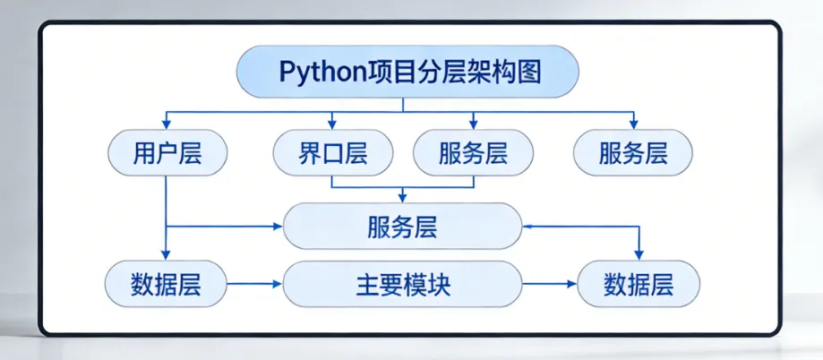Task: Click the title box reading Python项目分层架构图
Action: coord(407,73)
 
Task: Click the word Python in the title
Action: coord(321,73)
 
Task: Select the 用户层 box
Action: coord(167,153)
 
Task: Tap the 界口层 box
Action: coord(332,153)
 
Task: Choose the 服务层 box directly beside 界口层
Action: coord(473,153)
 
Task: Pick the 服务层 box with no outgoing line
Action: coord(633,153)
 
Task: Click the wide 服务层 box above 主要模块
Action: coord(402,226)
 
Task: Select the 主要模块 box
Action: coord(402,285)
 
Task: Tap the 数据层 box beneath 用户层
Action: coord(165,285)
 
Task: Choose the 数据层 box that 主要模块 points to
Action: coord(639,285)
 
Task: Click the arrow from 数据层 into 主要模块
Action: coord(254,285)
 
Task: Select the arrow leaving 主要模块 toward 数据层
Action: coord(550,285)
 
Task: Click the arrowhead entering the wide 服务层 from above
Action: coord(402,197)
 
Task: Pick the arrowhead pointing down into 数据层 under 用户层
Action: coord(166,255)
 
